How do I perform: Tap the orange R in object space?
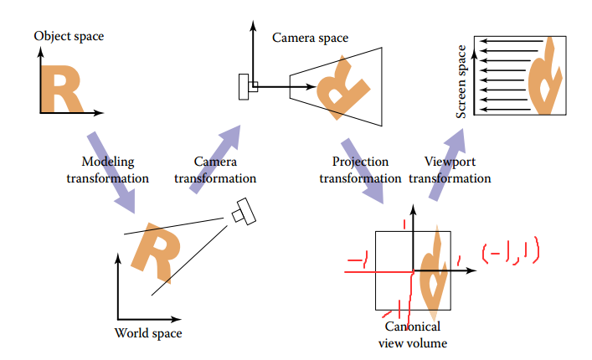(x=63, y=90)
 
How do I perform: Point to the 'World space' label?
(x=147, y=334)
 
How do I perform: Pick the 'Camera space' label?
(x=310, y=38)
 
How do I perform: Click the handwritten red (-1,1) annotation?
(x=510, y=252)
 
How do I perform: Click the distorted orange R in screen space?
(x=544, y=79)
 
